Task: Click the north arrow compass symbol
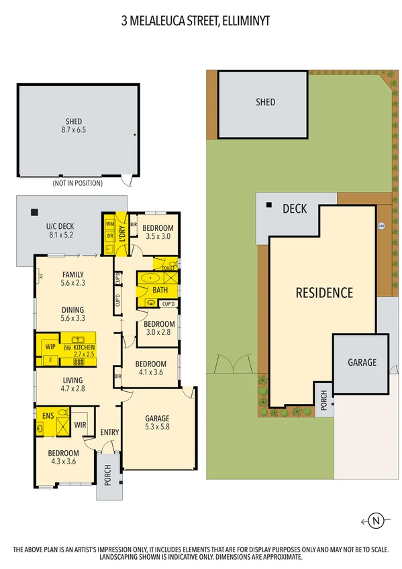(376, 520)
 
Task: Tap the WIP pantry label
(50, 346)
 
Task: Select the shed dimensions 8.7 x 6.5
(69, 132)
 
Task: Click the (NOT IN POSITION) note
(78, 183)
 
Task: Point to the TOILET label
(168, 268)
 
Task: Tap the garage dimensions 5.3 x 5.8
(158, 427)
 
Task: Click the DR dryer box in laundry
(109, 236)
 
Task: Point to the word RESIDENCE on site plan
(325, 293)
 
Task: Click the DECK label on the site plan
(294, 209)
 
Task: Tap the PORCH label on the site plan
(323, 401)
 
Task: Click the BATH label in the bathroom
(160, 290)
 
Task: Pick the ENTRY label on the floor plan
(109, 432)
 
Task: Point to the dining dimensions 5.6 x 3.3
(72, 319)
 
